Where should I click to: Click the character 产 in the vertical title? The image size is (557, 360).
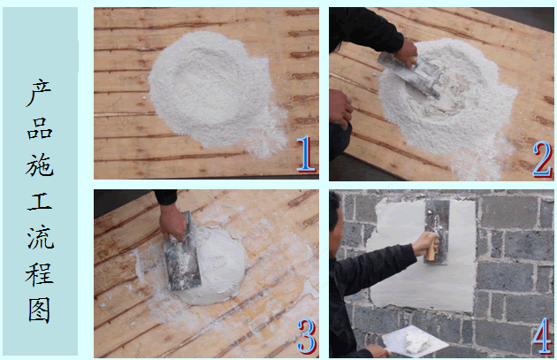(40, 93)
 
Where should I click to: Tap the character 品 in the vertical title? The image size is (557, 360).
(40, 128)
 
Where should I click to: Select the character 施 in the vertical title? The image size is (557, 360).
(40, 165)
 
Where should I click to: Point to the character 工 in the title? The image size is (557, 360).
(40, 201)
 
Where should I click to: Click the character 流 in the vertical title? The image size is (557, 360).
(40, 237)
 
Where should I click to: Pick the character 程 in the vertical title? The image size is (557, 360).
(40, 274)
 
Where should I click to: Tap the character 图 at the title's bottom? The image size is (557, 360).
(40, 310)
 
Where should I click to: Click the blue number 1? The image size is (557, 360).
(306, 154)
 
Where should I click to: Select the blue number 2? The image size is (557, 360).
(542, 159)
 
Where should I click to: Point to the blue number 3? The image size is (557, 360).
(307, 336)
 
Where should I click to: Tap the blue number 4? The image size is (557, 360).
(542, 336)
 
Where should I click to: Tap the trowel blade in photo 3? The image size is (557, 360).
(182, 252)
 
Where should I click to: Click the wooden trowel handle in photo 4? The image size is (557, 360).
(431, 248)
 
